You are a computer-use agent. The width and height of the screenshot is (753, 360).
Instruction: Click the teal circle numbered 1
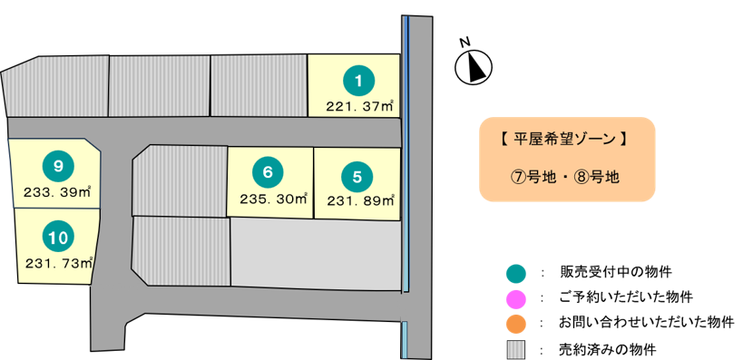[x=358, y=81]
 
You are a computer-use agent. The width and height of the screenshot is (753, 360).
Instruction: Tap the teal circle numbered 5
[x=357, y=177]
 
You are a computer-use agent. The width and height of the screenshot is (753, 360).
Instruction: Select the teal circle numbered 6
[x=268, y=172]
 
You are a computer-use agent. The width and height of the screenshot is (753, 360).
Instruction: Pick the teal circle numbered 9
[x=58, y=166]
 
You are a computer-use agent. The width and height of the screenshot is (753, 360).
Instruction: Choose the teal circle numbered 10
[x=58, y=237]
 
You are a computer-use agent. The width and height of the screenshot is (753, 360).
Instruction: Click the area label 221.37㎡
[x=360, y=105]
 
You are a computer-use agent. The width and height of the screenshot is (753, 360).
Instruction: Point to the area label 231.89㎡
[x=361, y=200]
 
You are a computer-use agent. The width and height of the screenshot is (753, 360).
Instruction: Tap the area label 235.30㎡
[x=274, y=199]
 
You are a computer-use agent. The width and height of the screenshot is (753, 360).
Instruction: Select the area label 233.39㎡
[x=58, y=191]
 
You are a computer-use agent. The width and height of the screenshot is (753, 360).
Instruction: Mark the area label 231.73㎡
[x=59, y=263]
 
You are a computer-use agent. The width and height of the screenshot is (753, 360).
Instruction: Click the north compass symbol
[x=474, y=66]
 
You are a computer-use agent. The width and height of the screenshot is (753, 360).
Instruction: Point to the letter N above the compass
[x=465, y=43]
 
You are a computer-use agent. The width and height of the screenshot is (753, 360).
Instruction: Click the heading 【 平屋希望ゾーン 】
[x=563, y=140]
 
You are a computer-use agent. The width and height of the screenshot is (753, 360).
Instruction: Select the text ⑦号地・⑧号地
[x=564, y=177]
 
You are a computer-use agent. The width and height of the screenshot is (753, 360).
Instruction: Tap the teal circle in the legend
[x=516, y=273]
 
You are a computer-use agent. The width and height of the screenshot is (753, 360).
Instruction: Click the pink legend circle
[x=516, y=298]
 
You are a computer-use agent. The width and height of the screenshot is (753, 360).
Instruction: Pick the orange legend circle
[x=516, y=324]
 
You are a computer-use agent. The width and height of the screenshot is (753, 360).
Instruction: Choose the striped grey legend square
[x=516, y=349]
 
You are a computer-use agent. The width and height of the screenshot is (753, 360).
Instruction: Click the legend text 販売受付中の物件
[x=616, y=272]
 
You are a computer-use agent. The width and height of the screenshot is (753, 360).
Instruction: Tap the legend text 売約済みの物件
[x=608, y=349]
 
